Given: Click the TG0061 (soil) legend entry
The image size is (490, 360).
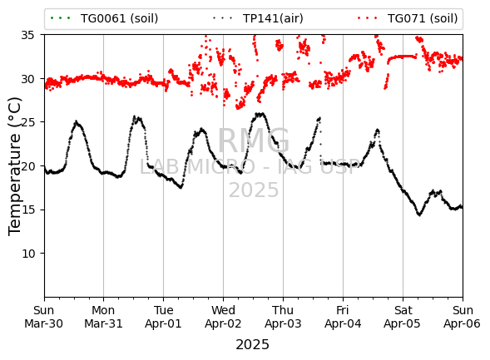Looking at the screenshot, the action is pyautogui.click(x=104, y=18).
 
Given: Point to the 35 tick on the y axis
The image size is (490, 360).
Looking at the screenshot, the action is pyautogui.click(x=27, y=35).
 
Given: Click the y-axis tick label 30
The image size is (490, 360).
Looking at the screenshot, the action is pyautogui.click(x=27, y=79).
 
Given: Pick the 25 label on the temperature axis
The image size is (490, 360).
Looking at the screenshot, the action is pyautogui.click(x=27, y=122).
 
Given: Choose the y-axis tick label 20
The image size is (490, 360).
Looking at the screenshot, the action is pyautogui.click(x=27, y=165).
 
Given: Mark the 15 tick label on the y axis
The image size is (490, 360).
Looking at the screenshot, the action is pyautogui.click(x=27, y=210).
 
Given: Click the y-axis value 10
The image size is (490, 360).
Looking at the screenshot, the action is pyautogui.click(x=27, y=254).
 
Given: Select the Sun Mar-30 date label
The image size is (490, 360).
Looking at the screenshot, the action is pyautogui.click(x=44, y=317).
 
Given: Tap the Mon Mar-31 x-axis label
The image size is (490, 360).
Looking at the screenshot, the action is pyautogui.click(x=103, y=317).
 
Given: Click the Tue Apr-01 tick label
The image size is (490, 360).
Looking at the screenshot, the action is pyautogui.click(x=163, y=317).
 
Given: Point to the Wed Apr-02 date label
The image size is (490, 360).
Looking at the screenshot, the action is pyautogui.click(x=223, y=317).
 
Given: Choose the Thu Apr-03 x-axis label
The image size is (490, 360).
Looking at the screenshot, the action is pyautogui.click(x=283, y=317).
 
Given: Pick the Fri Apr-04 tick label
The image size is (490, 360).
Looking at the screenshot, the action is pyautogui.click(x=343, y=317).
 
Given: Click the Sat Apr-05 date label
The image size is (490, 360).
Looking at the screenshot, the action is pyautogui.click(x=403, y=317).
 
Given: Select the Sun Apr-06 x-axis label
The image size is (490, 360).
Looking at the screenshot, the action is pyautogui.click(x=463, y=317).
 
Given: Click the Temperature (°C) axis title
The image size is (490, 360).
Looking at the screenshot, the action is pyautogui.click(x=14, y=166).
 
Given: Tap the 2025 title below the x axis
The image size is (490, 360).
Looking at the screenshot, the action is pyautogui.click(x=253, y=345).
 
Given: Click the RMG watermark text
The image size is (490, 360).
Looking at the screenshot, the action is pyautogui.click(x=254, y=141).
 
